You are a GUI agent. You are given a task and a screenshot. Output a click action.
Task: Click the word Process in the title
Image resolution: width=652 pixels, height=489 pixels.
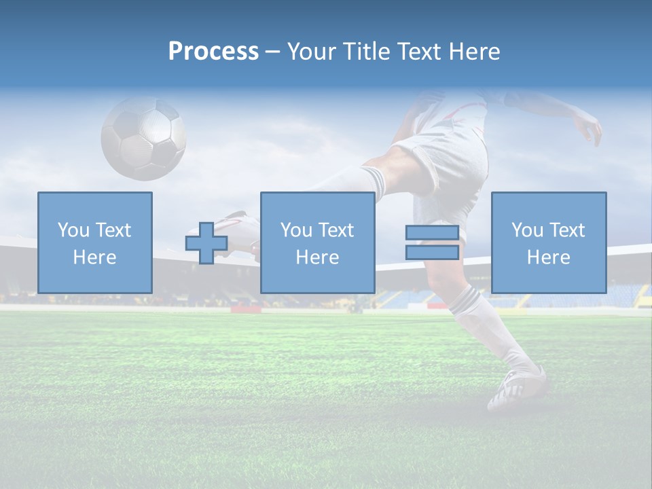click(x=213, y=51)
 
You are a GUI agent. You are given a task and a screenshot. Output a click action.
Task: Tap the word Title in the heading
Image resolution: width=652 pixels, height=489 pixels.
click(x=365, y=51)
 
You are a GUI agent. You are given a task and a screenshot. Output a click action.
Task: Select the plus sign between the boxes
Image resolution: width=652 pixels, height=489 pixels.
click(x=206, y=242)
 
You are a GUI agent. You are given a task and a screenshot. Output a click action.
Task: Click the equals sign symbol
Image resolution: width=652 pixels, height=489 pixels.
click(x=432, y=242)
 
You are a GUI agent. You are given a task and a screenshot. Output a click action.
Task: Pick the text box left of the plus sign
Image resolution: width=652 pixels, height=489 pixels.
click(x=95, y=242)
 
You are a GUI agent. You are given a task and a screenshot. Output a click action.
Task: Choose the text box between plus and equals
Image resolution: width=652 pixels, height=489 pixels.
click(x=317, y=242)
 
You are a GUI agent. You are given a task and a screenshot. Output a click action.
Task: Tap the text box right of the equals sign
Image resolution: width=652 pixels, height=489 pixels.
click(x=548, y=242)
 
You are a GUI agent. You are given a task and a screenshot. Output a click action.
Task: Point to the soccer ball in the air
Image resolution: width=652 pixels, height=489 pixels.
click(x=143, y=138)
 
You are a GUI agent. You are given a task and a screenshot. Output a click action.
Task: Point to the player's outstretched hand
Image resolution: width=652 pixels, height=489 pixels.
click(x=590, y=129)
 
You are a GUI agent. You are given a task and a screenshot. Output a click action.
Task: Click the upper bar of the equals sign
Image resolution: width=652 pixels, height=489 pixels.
click(x=432, y=233)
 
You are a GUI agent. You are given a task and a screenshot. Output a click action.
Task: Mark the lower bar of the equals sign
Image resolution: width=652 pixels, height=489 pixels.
click(x=432, y=252)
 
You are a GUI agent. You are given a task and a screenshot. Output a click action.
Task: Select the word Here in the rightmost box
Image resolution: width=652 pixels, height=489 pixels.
click(x=548, y=257)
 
